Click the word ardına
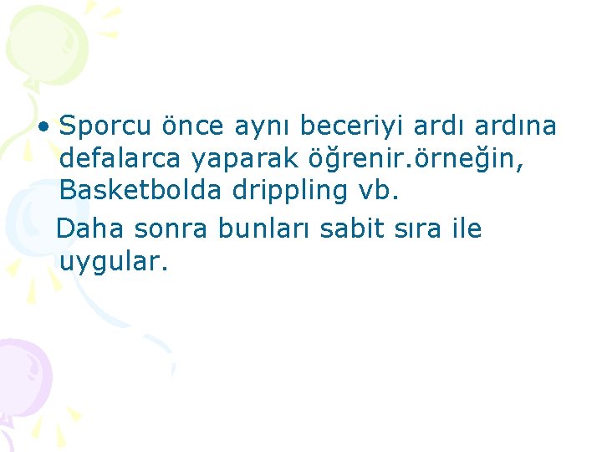click(x=515, y=126)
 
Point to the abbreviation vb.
click(x=379, y=191)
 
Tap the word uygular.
click(x=114, y=263)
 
